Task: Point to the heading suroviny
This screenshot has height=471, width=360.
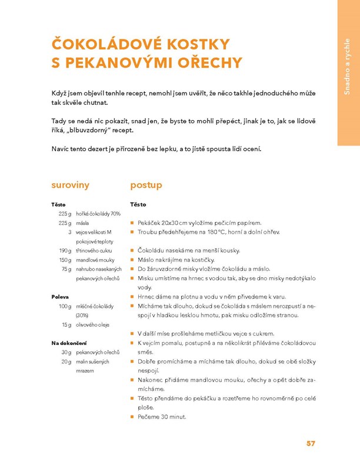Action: coord(70,185)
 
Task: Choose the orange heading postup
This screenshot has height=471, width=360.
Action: coord(146,185)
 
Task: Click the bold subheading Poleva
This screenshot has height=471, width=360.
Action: coord(60,297)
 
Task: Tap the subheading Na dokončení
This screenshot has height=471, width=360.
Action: coord(69,342)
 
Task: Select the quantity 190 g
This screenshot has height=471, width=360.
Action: coord(65,250)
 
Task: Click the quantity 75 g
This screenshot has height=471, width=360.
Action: coord(66,268)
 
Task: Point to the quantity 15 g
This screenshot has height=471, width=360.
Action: coord(66,324)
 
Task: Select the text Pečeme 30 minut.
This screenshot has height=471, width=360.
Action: coord(162,417)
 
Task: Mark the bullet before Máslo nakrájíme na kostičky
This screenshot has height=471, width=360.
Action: coord(132,260)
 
